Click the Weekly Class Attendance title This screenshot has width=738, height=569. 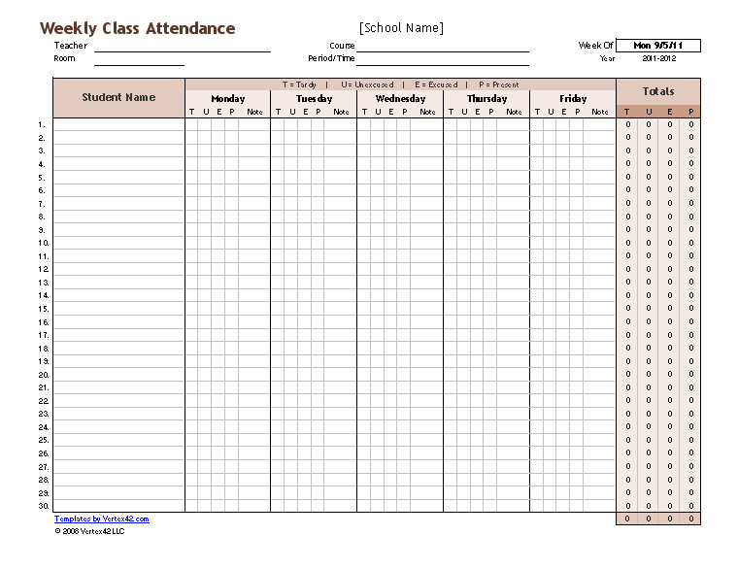pyautogui.click(x=137, y=28)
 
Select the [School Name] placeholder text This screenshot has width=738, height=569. pyautogui.click(x=401, y=28)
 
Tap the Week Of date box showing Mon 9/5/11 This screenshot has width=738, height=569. pyautogui.click(x=657, y=46)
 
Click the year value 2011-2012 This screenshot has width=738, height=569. pyautogui.click(x=658, y=59)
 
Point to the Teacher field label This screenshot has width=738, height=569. pyautogui.click(x=71, y=46)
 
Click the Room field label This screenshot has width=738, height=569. pyautogui.click(x=64, y=59)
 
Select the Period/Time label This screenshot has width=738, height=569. pyautogui.click(x=332, y=59)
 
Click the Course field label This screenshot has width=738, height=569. pyautogui.click(x=342, y=46)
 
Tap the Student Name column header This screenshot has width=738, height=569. pyautogui.click(x=118, y=97)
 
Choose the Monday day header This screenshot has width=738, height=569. pyautogui.click(x=228, y=99)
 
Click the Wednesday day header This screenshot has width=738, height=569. pyautogui.click(x=400, y=99)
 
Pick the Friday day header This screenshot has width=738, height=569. pyautogui.click(x=573, y=99)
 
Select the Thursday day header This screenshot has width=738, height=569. pyautogui.click(x=486, y=99)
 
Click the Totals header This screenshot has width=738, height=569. pyautogui.click(x=658, y=91)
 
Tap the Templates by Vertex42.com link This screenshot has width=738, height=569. pyautogui.click(x=102, y=519)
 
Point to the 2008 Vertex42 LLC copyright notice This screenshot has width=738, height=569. pyautogui.click(x=89, y=530)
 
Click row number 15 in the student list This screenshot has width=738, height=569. pyautogui.click(x=44, y=309)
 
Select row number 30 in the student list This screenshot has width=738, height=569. pyautogui.click(x=44, y=506)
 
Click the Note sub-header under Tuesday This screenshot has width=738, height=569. pyautogui.click(x=342, y=113)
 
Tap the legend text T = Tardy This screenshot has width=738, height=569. pyautogui.click(x=300, y=84)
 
